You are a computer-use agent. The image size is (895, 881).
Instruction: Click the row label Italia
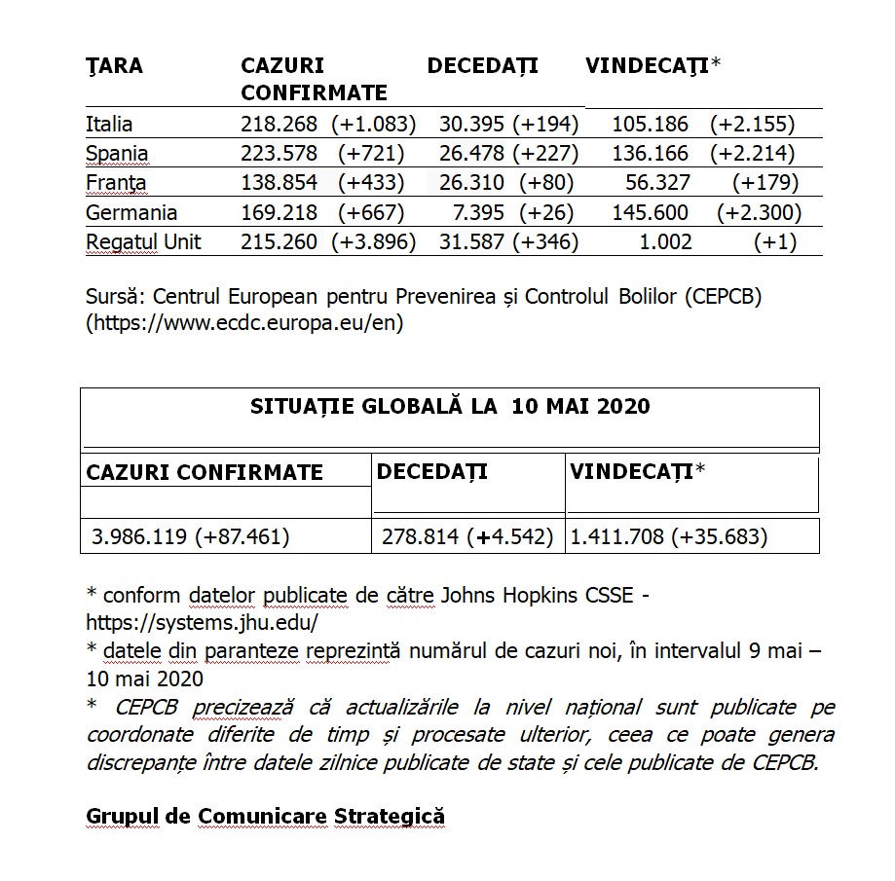pyautogui.click(x=109, y=125)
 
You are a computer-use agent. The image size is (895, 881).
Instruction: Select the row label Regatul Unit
pyautogui.click(x=143, y=241)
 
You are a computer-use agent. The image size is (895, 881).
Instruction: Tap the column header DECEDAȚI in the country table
pyautogui.click(x=482, y=66)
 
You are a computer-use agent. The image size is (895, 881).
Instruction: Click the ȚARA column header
pyautogui.click(x=114, y=66)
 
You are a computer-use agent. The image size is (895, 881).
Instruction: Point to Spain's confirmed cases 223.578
pyautogui.click(x=279, y=154)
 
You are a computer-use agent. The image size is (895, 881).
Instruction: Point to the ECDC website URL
pyautogui.click(x=244, y=322)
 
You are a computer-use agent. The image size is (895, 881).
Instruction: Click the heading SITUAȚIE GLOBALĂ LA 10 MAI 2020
pyautogui.click(x=449, y=407)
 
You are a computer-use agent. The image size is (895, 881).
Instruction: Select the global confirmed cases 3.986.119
pyautogui.click(x=141, y=536)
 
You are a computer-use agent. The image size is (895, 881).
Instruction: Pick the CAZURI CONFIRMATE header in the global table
pyautogui.click(x=205, y=473)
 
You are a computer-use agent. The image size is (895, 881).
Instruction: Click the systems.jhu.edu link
pyautogui.click(x=203, y=621)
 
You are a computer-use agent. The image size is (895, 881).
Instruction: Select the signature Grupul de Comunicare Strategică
pyautogui.click(x=265, y=816)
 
